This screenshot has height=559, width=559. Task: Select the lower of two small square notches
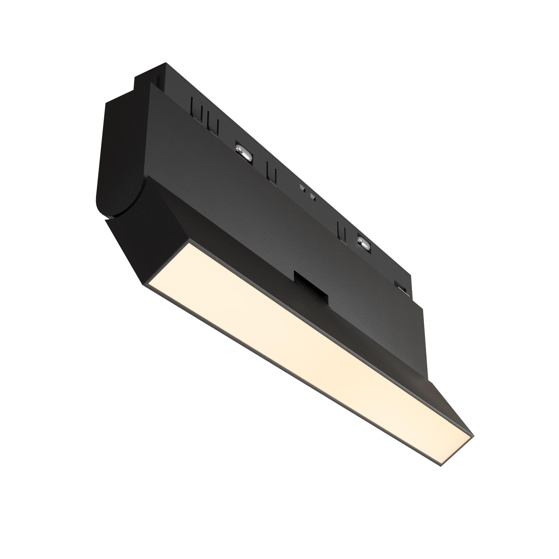(x=312, y=196)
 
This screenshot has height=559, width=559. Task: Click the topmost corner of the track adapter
(x=165, y=63)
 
